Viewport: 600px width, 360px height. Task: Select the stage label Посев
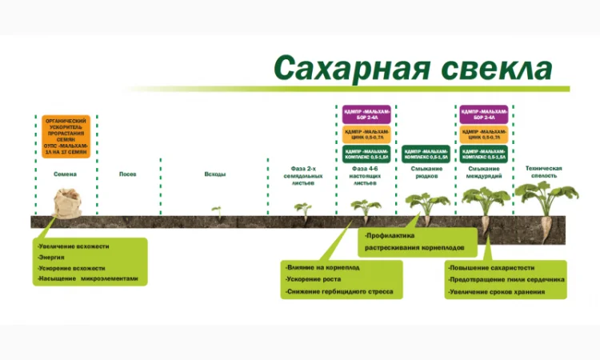click(128, 174)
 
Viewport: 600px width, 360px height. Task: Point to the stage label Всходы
click(214, 174)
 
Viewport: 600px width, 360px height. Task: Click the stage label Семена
click(66, 174)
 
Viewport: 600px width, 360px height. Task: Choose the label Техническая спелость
click(544, 172)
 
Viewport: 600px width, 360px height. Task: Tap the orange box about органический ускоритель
click(66, 135)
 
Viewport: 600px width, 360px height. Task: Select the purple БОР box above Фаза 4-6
click(366, 114)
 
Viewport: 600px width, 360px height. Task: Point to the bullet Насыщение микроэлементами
click(89, 279)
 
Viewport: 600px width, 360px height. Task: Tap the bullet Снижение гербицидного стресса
click(339, 292)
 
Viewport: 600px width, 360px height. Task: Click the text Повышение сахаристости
click(492, 267)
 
